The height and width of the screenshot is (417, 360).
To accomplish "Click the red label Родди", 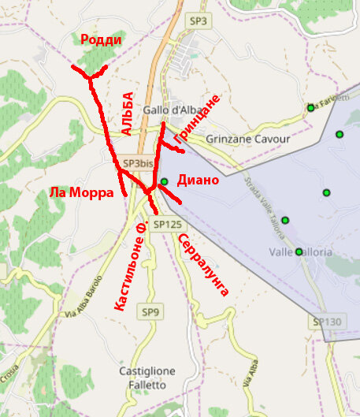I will tap(101, 40).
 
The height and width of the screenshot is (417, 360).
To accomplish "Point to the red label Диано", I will tap(197, 180).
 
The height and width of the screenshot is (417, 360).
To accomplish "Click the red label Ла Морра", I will tap(76, 192).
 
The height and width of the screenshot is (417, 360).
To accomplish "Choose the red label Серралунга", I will tap(202, 265).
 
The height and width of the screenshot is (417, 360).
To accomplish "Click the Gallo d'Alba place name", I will tap(169, 110).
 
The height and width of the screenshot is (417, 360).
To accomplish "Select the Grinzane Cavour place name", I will tap(247, 139).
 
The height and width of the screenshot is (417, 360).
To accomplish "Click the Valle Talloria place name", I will tap(301, 252).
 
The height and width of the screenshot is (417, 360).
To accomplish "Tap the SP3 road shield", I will tap(198, 20).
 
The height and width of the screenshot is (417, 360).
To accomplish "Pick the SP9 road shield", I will tap(150, 313).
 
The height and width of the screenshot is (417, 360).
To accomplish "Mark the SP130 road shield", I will tap(327, 322).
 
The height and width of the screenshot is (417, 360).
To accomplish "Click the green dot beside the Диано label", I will tap(165, 181).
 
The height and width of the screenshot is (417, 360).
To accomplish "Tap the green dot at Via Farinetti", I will tap(311, 108).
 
